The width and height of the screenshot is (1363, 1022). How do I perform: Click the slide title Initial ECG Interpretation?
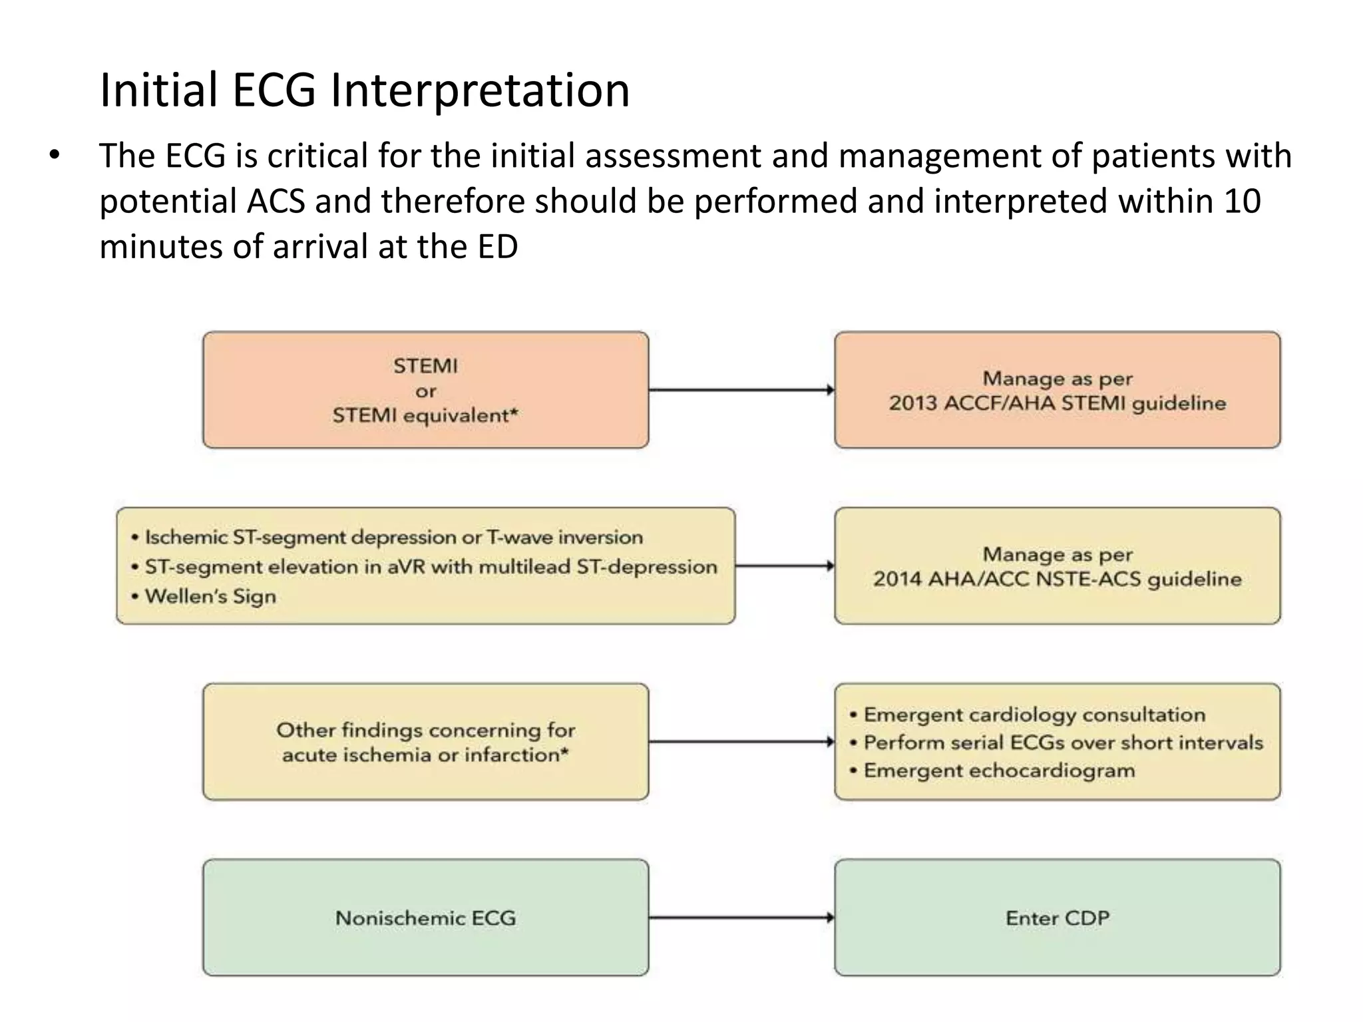point(364,90)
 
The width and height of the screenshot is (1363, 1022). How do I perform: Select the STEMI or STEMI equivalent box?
point(425,390)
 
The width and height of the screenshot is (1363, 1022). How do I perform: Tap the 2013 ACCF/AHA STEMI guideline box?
point(1057,390)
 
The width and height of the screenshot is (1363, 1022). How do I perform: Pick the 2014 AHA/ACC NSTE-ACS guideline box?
point(1057,566)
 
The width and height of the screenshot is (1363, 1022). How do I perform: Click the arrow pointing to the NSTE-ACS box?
point(785,566)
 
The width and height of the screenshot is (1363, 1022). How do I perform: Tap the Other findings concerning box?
point(425,742)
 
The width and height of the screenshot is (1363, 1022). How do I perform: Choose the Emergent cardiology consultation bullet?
point(1034,715)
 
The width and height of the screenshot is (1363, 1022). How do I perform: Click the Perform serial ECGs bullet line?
point(1062,743)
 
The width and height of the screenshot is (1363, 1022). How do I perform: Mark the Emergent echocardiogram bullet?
point(998,770)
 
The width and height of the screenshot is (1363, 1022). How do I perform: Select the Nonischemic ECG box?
point(425,918)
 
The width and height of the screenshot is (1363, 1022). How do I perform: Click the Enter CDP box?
point(1057,918)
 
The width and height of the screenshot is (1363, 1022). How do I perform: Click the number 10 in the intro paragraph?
point(1242,201)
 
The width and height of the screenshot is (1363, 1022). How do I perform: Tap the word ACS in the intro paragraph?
point(275,201)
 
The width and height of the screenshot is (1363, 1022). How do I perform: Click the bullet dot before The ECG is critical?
point(54,156)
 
